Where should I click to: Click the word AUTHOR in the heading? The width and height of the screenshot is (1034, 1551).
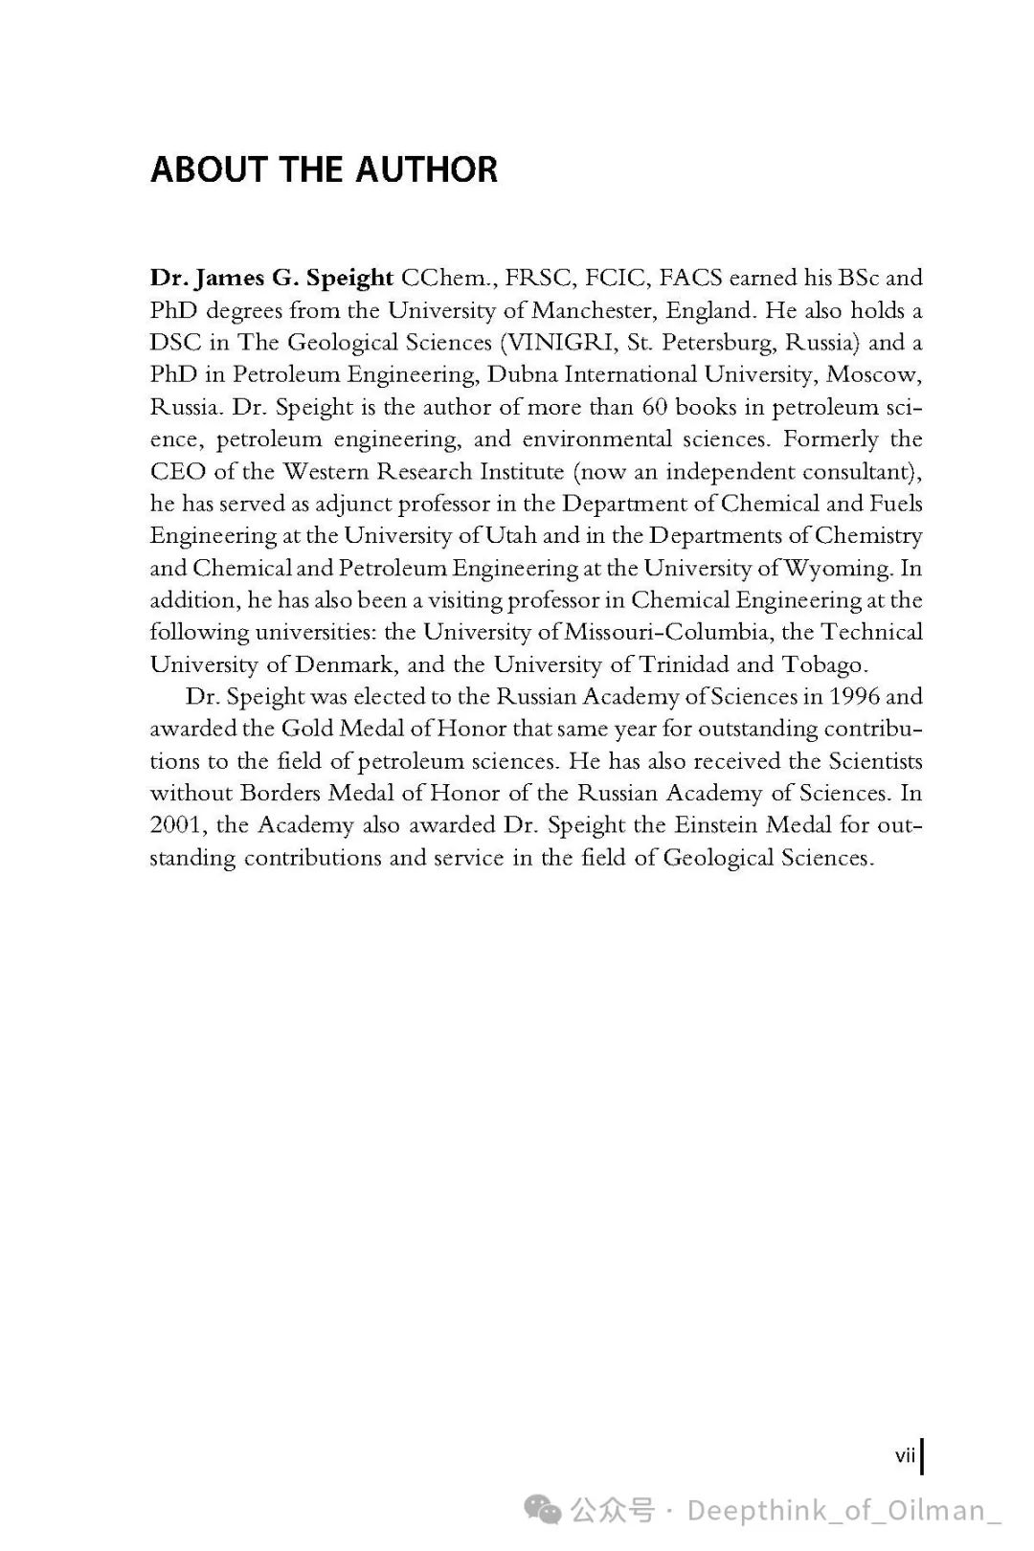point(427,170)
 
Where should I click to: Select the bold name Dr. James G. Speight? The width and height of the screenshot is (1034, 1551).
point(271,278)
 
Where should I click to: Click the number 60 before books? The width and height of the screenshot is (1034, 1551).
point(654,407)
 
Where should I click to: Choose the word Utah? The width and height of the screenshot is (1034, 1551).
point(511,535)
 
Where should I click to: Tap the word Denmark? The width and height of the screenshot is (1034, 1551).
point(346,664)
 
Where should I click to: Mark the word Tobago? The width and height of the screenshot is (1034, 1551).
point(825,664)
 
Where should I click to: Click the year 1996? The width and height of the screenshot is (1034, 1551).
point(854,696)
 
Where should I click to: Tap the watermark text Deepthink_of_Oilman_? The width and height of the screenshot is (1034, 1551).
point(843,1510)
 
